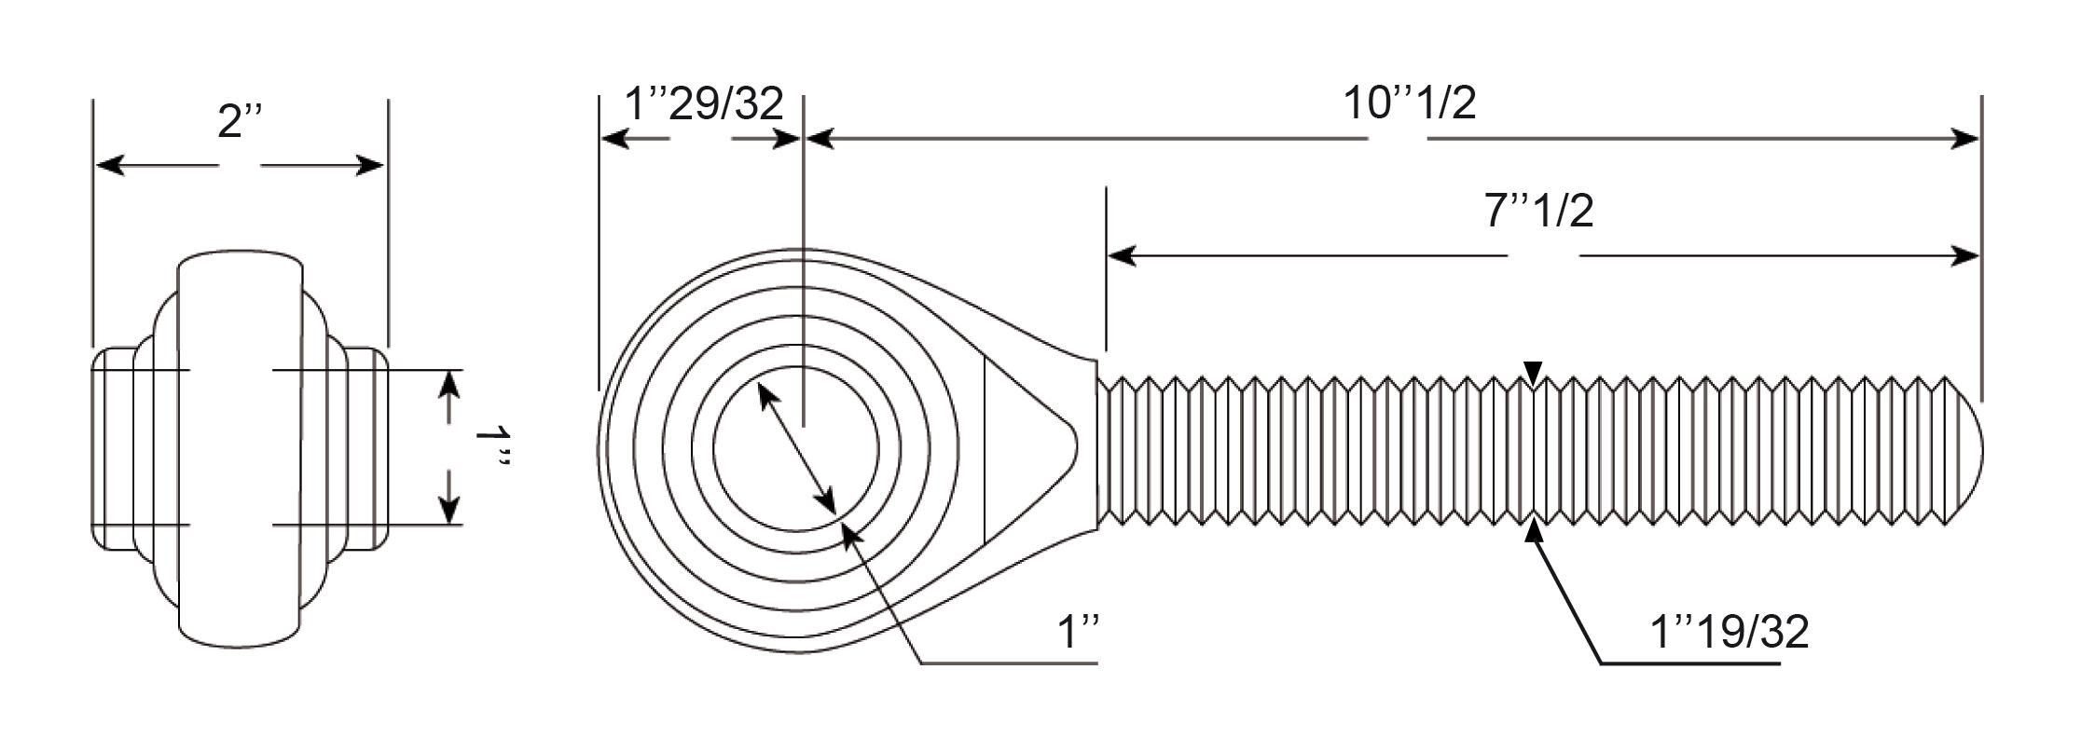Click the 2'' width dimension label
[x=241, y=120]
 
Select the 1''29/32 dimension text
[x=704, y=103]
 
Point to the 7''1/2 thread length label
[x=1538, y=211]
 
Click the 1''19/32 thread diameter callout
[x=1730, y=632]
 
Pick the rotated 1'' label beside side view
[x=492, y=448]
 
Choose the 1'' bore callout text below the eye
[x=1080, y=633]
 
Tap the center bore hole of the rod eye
[x=795, y=448]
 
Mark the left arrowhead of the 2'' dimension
[x=111, y=166]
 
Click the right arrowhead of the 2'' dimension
[x=369, y=166]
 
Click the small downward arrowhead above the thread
[x=1534, y=372]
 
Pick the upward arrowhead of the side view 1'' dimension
[x=449, y=385]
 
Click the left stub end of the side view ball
[x=113, y=448]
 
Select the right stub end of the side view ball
[x=367, y=448]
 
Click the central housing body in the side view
[x=240, y=448]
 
